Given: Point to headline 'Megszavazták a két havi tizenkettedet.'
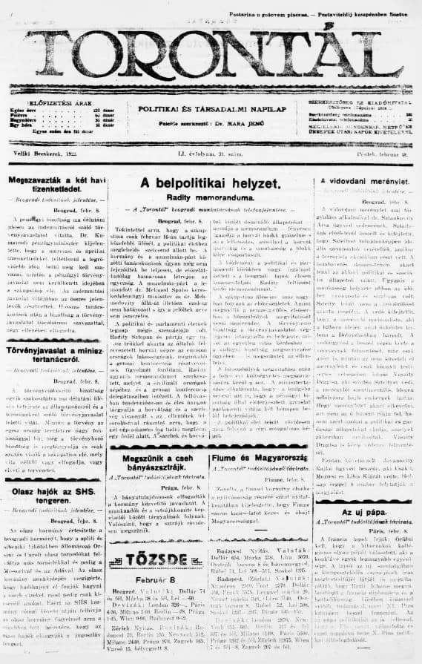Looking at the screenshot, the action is coord(53,187).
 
